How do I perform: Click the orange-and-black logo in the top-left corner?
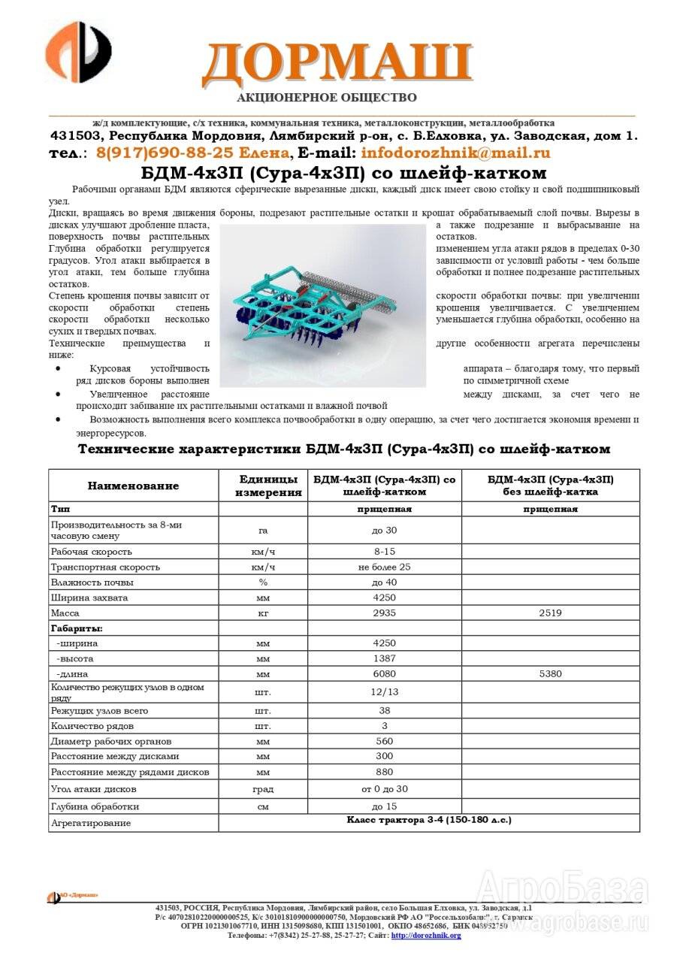point(78,53)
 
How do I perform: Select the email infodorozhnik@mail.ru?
point(455,153)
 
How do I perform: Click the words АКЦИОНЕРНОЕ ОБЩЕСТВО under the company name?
point(327,98)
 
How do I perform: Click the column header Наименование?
point(133,486)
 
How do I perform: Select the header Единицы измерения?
point(263,486)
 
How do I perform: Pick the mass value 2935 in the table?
point(384,613)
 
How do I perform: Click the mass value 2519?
point(550,613)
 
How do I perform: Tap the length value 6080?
point(384,673)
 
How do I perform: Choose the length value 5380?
point(550,673)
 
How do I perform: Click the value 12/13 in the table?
point(384,691)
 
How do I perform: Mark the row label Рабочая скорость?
point(91,552)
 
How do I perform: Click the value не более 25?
point(384,567)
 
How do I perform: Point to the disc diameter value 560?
point(384,741)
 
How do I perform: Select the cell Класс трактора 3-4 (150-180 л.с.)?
point(428,820)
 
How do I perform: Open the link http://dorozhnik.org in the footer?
point(426,935)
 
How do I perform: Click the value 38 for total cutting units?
point(384,710)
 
